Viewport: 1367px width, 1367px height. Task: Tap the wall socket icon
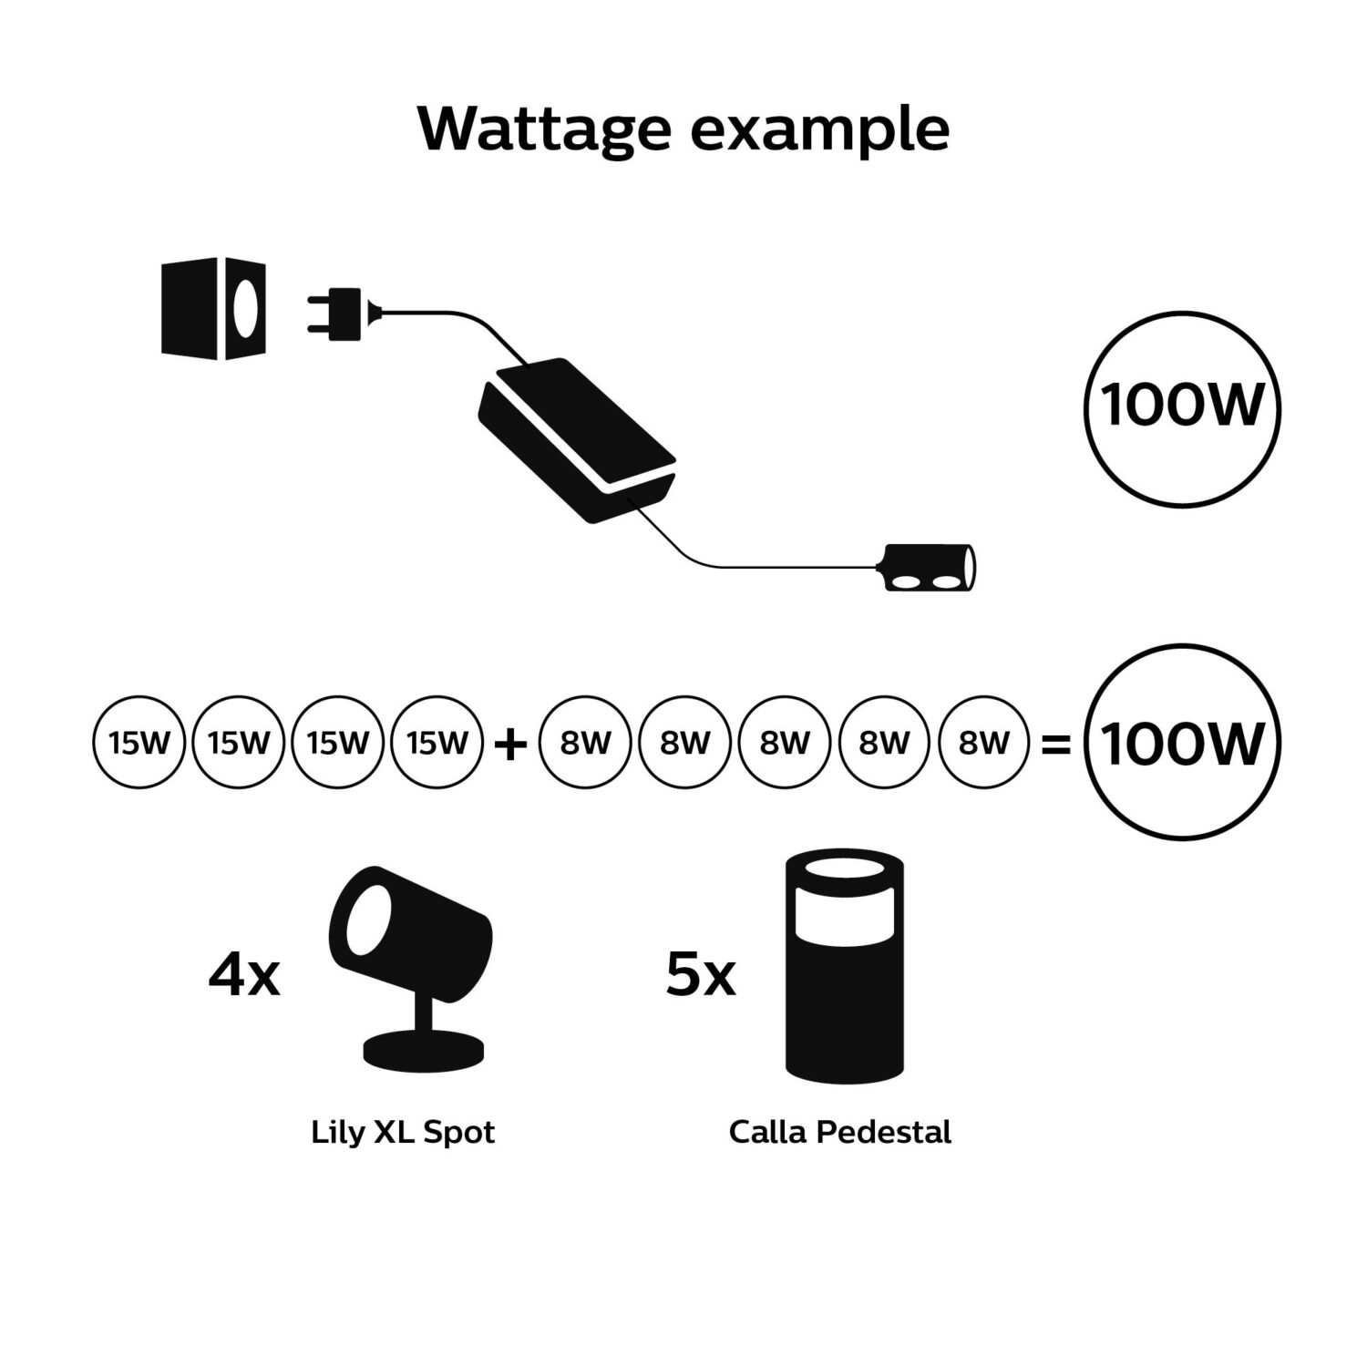pos(213,308)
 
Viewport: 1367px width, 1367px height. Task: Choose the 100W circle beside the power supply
pos(1182,407)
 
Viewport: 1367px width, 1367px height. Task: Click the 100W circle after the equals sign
pos(1182,743)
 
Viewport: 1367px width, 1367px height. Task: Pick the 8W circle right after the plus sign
pos(585,743)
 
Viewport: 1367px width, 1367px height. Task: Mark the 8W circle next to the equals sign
pos(982,743)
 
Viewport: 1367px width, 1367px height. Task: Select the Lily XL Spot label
pos(403,1133)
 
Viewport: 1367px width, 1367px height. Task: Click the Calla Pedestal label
pos(839,1133)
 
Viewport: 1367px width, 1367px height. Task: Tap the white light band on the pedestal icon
pos(844,911)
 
